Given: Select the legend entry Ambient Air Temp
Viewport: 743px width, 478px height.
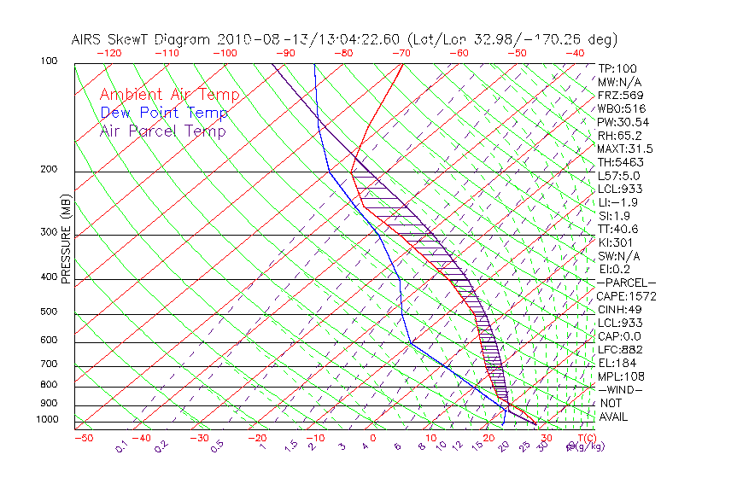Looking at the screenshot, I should coord(169,95).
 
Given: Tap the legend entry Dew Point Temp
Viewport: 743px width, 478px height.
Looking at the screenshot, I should coord(164,113).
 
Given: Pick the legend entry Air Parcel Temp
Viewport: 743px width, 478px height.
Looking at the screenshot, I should coord(162,131).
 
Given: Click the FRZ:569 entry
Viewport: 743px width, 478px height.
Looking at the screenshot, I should coord(621,95).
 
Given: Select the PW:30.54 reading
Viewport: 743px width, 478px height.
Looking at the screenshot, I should coord(623,122).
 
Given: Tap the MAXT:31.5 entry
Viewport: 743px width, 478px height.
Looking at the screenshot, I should coord(626,149).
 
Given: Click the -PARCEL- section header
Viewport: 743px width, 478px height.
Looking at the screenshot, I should coord(626,283).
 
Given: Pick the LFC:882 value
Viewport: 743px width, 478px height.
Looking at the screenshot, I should coord(621,349).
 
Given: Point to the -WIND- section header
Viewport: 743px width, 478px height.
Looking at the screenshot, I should coord(621,389).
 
